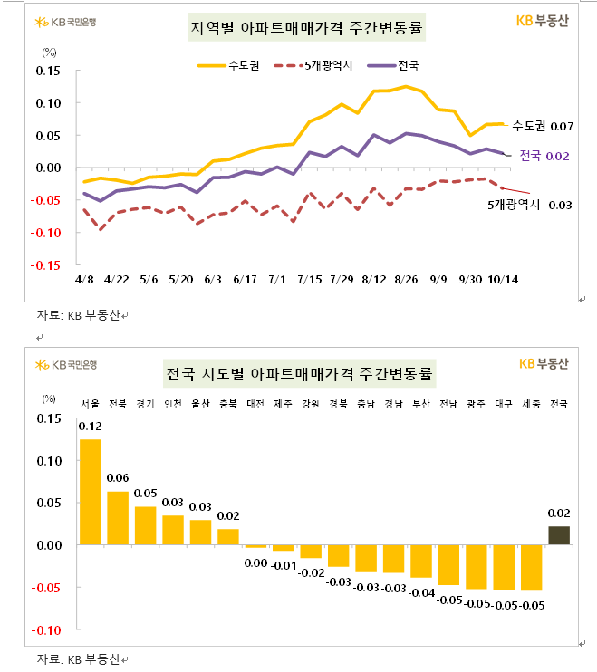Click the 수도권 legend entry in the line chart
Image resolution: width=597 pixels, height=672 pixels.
coord(226,65)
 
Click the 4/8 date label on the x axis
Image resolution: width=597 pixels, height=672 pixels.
coord(85,281)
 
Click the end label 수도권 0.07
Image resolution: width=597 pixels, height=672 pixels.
coord(544,125)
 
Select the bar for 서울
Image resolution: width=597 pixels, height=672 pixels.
coord(91,492)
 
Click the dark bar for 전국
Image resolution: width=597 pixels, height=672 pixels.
coord(559,535)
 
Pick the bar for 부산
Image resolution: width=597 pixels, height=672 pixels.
coord(421,562)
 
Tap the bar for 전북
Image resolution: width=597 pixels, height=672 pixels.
coord(118,518)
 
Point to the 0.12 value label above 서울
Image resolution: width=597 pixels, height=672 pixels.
coord(91,427)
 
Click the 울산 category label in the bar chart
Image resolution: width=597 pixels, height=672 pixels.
coord(200,403)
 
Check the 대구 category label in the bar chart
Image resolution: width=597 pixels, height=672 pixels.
coord(504,403)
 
